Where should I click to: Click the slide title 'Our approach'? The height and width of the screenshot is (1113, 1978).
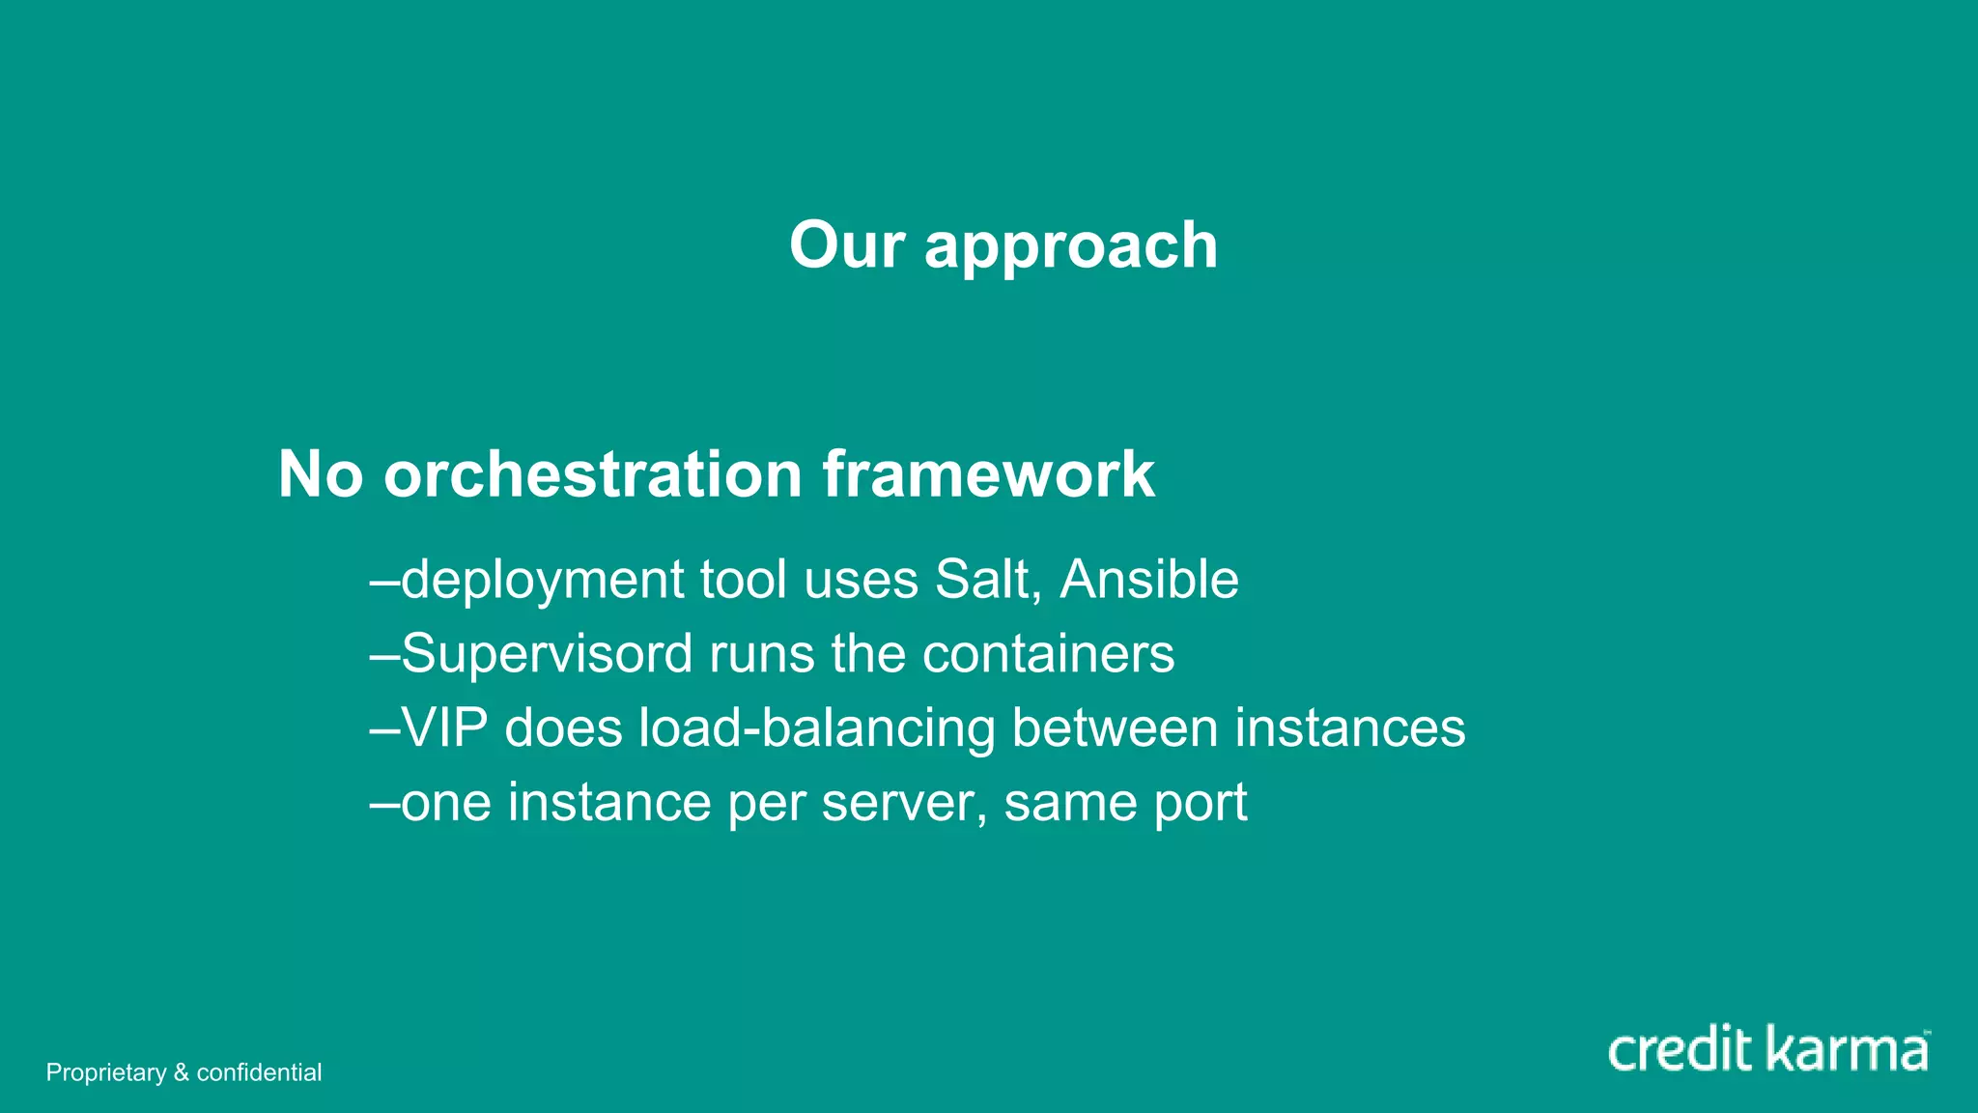(1003, 245)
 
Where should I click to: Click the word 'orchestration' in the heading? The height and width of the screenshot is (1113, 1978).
(592, 474)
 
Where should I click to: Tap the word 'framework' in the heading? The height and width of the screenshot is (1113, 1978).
(988, 474)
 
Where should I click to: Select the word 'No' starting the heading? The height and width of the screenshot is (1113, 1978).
(320, 474)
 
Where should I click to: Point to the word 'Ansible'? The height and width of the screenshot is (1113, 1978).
(1148, 580)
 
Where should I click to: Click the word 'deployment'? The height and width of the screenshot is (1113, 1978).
(542, 582)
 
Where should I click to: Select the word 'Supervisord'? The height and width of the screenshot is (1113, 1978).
(547, 655)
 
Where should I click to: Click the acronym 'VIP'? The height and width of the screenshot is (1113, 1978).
(443, 728)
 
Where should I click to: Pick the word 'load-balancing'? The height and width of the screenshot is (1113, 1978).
(816, 729)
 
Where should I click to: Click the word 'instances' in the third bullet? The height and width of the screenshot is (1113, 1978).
(1349, 728)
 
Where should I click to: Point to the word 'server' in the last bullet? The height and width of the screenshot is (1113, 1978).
(904, 803)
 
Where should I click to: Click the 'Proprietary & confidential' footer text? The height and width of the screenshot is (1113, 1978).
(184, 1072)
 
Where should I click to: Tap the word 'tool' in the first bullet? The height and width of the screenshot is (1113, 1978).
(743, 580)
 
